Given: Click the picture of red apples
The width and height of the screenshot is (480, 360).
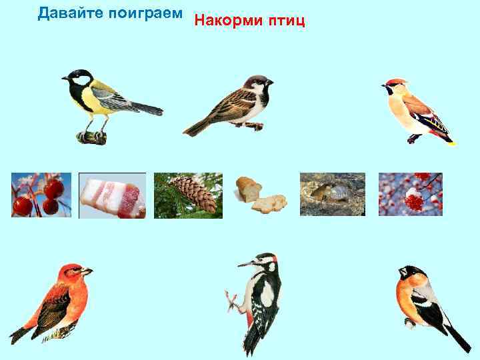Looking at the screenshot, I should pyautogui.click(x=41, y=195).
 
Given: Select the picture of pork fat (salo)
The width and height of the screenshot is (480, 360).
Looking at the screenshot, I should pyautogui.click(x=112, y=195).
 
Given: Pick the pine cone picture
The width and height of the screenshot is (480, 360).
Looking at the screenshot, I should pyautogui.click(x=188, y=195).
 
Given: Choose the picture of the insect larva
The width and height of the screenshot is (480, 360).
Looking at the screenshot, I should pyautogui.click(x=333, y=195).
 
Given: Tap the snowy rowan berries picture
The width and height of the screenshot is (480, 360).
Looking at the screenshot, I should pyautogui.click(x=410, y=195).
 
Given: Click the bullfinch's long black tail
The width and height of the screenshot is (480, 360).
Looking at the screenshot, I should pyautogui.click(x=457, y=337).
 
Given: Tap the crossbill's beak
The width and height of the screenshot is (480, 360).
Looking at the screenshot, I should pyautogui.click(x=87, y=271).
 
